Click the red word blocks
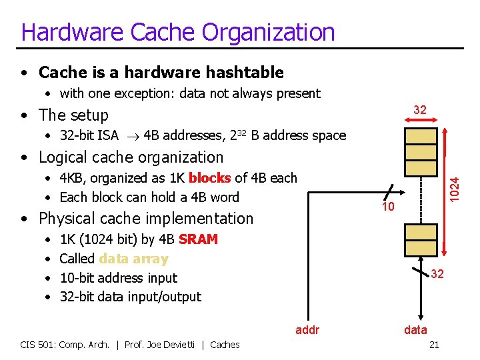pyautogui.click(x=210, y=178)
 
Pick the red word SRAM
pyautogui.click(x=198, y=239)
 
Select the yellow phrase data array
pyautogui.click(x=133, y=259)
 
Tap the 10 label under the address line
pyautogui.click(x=388, y=207)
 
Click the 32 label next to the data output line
pyautogui.click(x=437, y=274)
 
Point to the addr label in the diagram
pyautogui.click(x=307, y=329)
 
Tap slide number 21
pyautogui.click(x=434, y=344)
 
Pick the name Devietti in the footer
pyautogui.click(x=180, y=344)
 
